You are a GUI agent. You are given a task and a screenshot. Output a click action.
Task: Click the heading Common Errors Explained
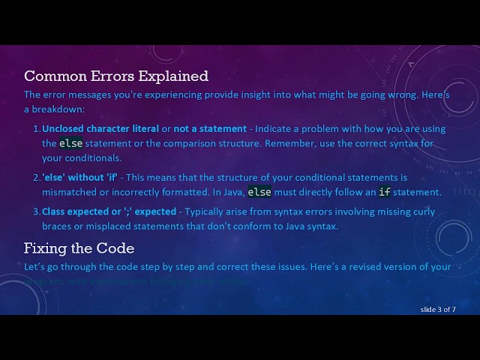116,76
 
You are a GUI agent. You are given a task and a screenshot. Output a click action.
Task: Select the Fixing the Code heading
79,247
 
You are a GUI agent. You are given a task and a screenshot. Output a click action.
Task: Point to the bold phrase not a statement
210,129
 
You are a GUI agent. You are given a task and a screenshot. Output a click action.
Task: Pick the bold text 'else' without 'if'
79,178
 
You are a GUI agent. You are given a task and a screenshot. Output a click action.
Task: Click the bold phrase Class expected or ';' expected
109,211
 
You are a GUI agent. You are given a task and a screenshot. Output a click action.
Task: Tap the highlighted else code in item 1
71,143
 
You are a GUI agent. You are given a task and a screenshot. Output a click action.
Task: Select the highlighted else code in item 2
259,192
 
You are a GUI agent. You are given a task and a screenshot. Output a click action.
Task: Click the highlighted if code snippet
384,192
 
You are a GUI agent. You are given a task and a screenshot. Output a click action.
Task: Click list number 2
36,178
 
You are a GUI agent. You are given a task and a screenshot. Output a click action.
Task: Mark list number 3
36,211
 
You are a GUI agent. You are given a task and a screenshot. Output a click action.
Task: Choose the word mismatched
69,192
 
